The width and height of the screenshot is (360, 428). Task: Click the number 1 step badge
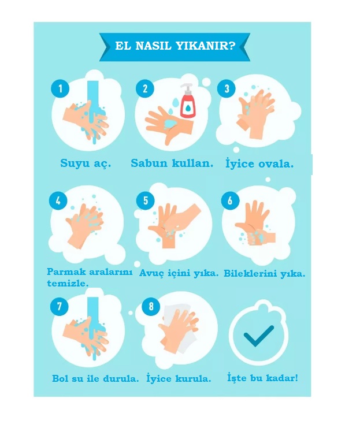60,88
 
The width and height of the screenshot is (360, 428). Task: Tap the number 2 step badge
145,88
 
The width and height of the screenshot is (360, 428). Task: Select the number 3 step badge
227,88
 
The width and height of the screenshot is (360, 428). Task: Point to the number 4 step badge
58,200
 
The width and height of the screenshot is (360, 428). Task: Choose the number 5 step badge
146,200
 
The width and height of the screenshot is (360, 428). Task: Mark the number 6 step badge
230,200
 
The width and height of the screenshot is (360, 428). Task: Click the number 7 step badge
60,306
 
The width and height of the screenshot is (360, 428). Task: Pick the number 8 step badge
151,306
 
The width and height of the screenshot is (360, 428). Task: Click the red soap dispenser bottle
188,101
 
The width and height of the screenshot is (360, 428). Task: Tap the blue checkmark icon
258,336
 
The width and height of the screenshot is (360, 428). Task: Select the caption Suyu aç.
86,163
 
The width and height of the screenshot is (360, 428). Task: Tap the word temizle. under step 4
68,284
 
